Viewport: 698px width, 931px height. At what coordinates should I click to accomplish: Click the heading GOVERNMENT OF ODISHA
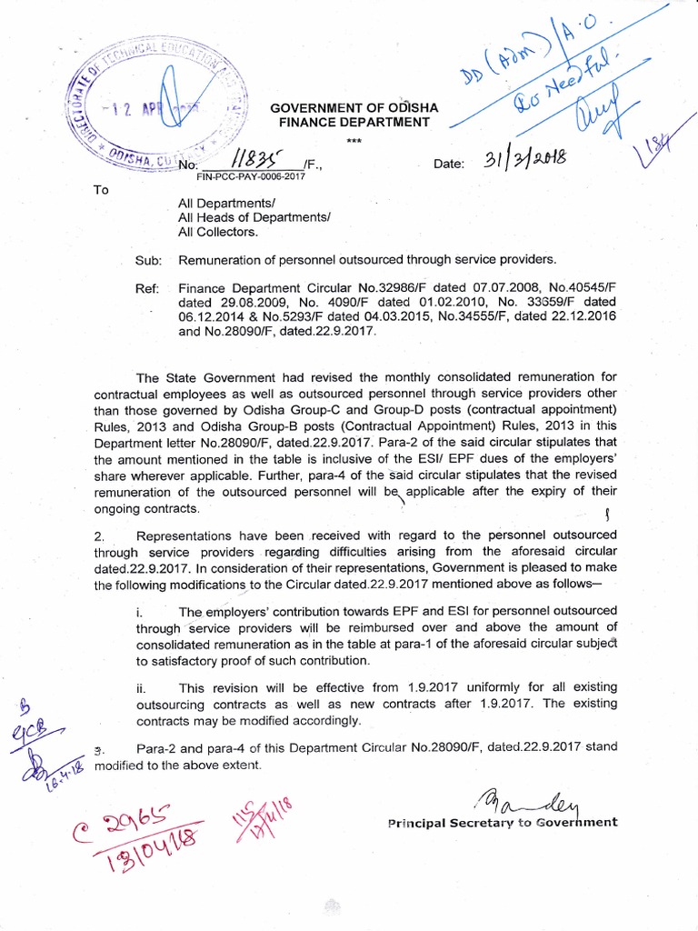pos(354,108)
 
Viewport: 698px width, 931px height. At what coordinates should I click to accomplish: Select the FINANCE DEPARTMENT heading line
pos(354,123)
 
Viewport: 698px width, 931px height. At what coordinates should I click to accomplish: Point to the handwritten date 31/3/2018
pos(524,160)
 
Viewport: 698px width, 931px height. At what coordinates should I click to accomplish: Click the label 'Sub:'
pos(148,260)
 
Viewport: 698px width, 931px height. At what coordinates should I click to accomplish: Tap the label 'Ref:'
pos(148,288)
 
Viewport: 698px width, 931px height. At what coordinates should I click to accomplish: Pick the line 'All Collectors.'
pos(218,232)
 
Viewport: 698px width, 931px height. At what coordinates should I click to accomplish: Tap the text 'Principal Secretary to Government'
pos(503,822)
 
